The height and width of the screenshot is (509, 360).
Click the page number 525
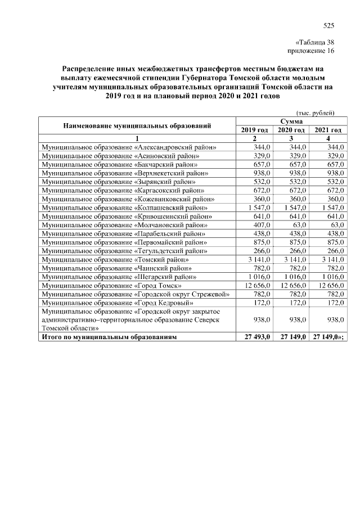tap(329, 25)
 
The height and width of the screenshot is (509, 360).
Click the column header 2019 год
tap(254, 130)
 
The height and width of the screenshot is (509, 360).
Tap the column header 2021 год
tap(328, 130)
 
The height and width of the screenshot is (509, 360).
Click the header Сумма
tap(291, 121)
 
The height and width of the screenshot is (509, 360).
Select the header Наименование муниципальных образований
tap(137, 125)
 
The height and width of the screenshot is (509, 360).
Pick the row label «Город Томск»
tap(111, 286)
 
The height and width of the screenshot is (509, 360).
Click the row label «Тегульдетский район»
tap(124, 251)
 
